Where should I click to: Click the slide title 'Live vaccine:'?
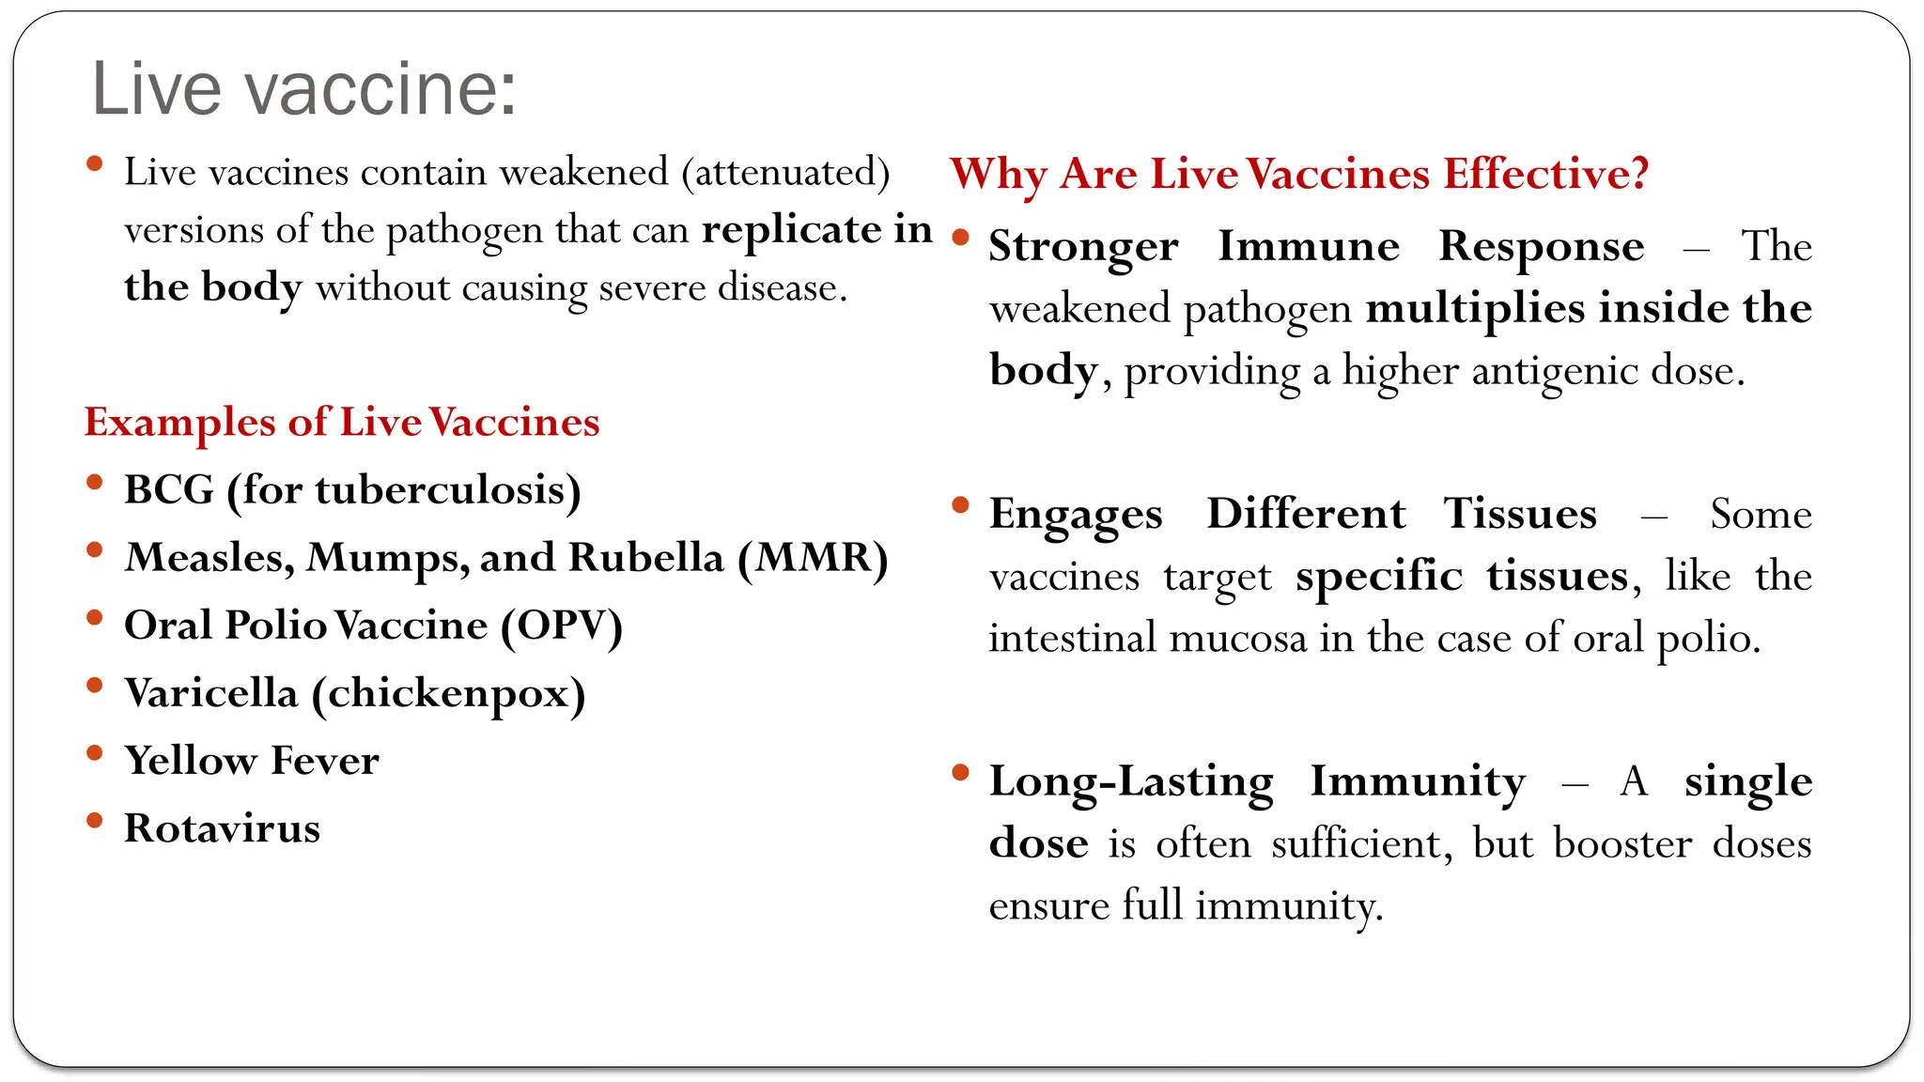click(303, 88)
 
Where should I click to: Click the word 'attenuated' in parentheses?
click(785, 173)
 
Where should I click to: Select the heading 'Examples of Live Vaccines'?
click(342, 423)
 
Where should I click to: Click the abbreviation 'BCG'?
click(169, 490)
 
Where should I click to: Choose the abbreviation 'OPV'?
click(561, 626)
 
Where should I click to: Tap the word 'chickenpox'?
click(448, 694)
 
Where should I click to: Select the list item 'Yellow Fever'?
click(252, 761)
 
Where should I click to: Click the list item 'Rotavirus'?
click(222, 828)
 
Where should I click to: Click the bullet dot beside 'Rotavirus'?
click(94, 821)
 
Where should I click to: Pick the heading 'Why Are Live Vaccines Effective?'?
click(1299, 175)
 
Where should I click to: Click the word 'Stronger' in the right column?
click(1083, 247)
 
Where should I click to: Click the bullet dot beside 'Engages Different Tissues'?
click(960, 506)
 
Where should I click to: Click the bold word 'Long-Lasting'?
click(1131, 781)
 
